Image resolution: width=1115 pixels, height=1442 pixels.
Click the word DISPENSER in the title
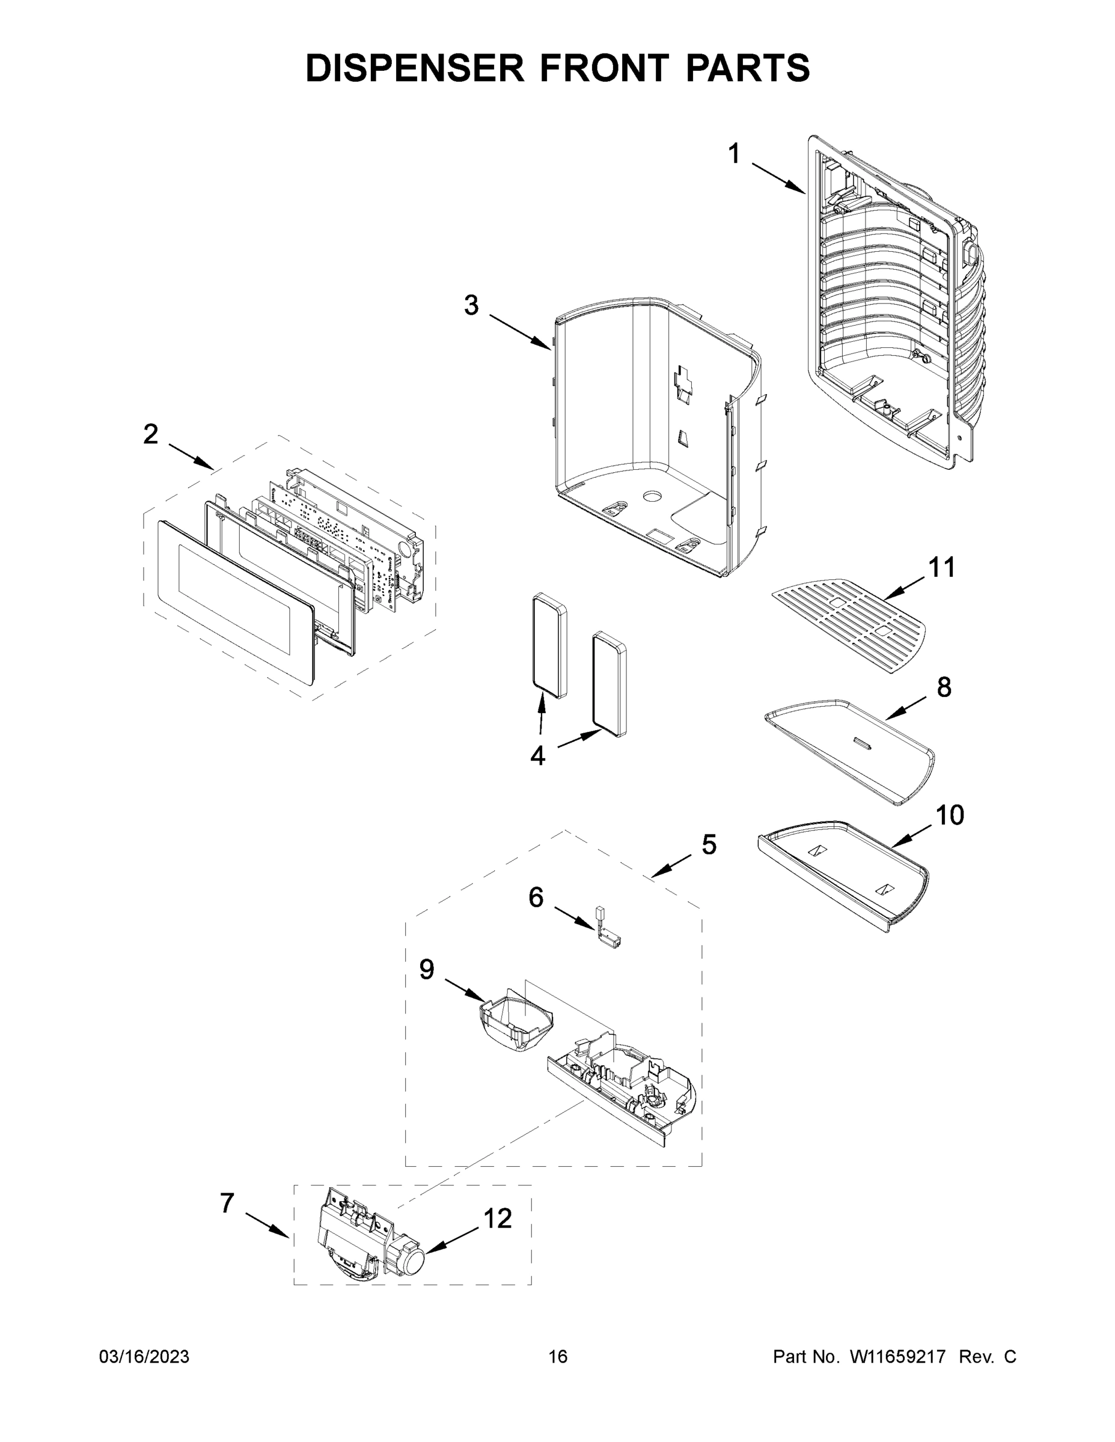point(414,68)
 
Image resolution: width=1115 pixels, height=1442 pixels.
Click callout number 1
point(734,154)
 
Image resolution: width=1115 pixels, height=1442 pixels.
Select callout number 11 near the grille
point(942,567)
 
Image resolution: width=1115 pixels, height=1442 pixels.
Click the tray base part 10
point(846,872)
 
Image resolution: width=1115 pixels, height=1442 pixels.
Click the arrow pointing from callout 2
point(192,456)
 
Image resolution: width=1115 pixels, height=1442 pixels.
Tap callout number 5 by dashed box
point(708,844)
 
